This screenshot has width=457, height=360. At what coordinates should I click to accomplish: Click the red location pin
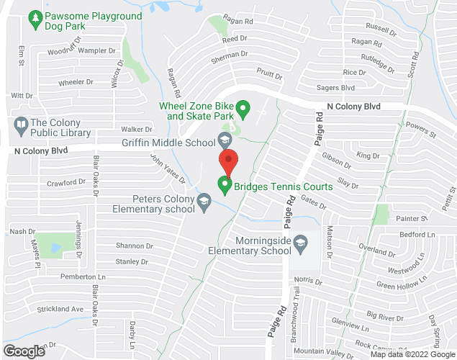tap(228, 161)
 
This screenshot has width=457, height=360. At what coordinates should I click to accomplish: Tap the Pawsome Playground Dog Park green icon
tap(35, 17)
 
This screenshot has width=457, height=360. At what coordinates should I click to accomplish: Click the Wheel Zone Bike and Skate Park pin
tap(243, 110)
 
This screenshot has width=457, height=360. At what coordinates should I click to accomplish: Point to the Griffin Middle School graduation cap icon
tap(225, 138)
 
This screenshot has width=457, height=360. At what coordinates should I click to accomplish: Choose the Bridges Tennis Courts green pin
tap(225, 186)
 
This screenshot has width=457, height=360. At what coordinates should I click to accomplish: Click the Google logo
tap(23, 351)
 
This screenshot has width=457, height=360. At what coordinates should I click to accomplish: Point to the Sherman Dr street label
tap(229, 54)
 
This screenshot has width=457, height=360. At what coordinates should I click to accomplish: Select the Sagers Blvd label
tap(336, 88)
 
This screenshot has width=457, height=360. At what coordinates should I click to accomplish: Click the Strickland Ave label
tap(60, 310)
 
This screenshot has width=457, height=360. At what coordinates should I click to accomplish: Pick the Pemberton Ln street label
tap(78, 276)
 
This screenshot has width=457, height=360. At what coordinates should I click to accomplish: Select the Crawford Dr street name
tap(66, 183)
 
